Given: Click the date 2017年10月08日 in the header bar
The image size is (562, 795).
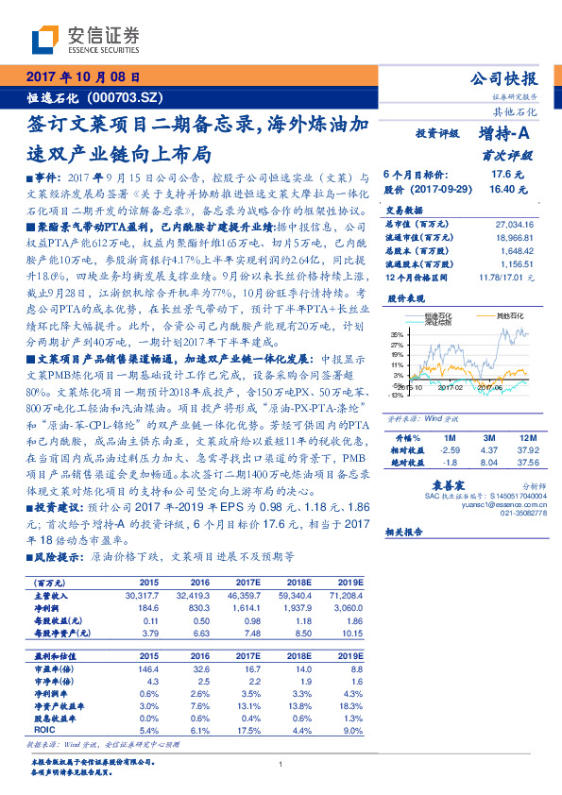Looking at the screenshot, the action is pyautogui.click(x=83, y=76).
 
